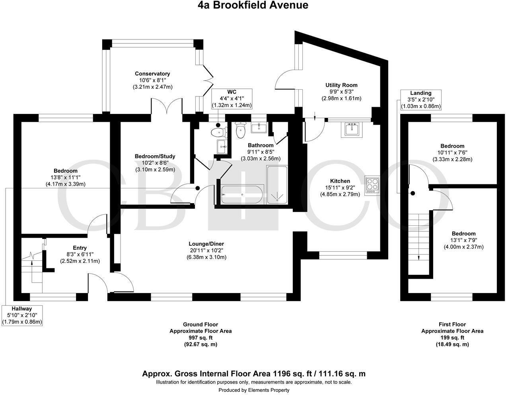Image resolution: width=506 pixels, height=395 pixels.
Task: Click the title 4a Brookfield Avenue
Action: coord(253,5)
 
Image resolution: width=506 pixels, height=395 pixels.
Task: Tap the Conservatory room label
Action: coord(152,74)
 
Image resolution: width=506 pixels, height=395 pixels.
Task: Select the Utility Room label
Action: coord(341,85)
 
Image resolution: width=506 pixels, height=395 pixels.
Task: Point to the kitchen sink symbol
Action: coord(352,129)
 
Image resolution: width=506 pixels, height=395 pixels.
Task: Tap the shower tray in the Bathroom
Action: coord(276,185)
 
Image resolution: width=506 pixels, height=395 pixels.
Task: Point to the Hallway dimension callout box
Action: coord(22,315)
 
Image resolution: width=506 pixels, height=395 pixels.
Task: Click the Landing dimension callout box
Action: coord(421,100)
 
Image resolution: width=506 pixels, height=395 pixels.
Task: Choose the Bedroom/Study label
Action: coord(155,156)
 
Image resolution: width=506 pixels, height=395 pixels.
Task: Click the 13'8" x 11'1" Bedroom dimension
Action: coord(66,178)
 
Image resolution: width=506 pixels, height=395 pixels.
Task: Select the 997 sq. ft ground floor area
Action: coord(200,338)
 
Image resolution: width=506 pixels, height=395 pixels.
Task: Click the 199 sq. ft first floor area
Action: coord(452,338)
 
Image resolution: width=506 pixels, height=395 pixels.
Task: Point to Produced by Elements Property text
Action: coord(254,390)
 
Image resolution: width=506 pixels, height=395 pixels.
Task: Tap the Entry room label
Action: coord(80,248)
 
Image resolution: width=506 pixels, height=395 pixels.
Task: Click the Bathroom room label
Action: coord(261,145)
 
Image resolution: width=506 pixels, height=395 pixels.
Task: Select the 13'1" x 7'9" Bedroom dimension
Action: coord(463,240)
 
